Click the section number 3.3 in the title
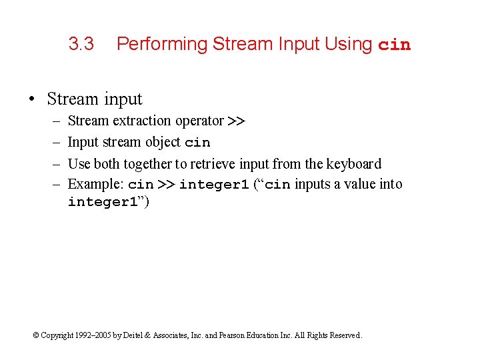click(81, 45)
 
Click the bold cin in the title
click(395, 45)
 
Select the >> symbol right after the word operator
click(236, 121)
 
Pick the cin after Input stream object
click(197, 143)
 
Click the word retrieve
click(215, 163)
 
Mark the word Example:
click(96, 184)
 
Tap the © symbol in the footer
click(36, 335)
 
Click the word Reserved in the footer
click(344, 335)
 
